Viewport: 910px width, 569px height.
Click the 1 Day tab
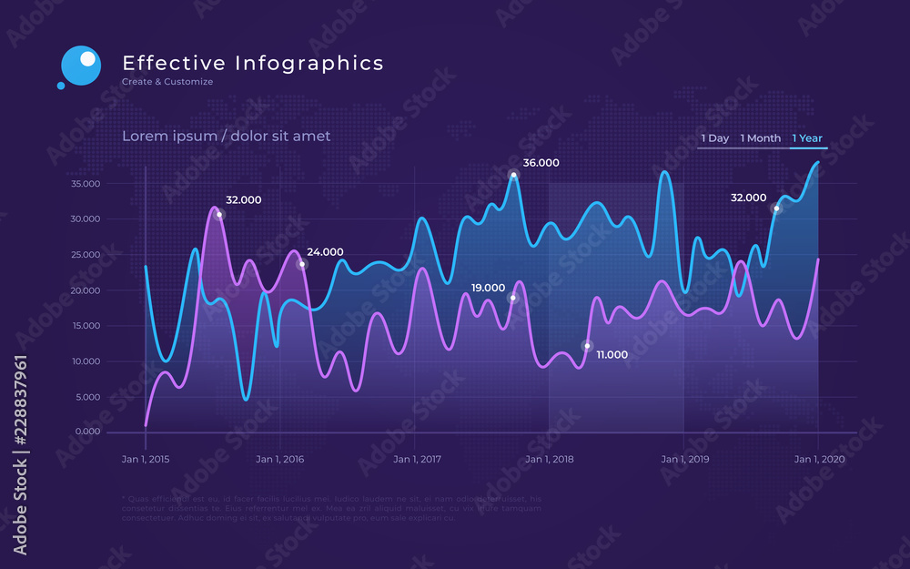(714, 138)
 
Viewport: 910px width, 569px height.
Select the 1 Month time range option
(760, 138)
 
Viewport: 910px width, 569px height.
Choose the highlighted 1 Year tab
(807, 138)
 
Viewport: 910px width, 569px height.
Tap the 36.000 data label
(541, 163)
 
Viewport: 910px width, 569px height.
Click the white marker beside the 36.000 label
(514, 175)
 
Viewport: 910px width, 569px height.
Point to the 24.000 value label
(325, 252)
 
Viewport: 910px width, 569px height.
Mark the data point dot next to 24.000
(303, 264)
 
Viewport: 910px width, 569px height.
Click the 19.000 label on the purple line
(488, 288)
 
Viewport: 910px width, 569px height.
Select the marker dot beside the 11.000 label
(587, 346)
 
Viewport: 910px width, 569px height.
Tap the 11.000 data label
(612, 355)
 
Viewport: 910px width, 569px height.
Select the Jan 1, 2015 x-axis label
(146, 459)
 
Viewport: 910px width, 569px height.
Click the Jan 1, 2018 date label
(550, 459)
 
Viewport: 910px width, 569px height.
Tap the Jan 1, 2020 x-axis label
(819, 459)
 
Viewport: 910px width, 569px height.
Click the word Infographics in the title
(309, 63)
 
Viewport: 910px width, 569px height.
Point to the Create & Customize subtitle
(167, 82)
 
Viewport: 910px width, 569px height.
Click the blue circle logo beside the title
(80, 65)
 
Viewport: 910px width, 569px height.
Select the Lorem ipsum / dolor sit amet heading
(226, 136)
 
